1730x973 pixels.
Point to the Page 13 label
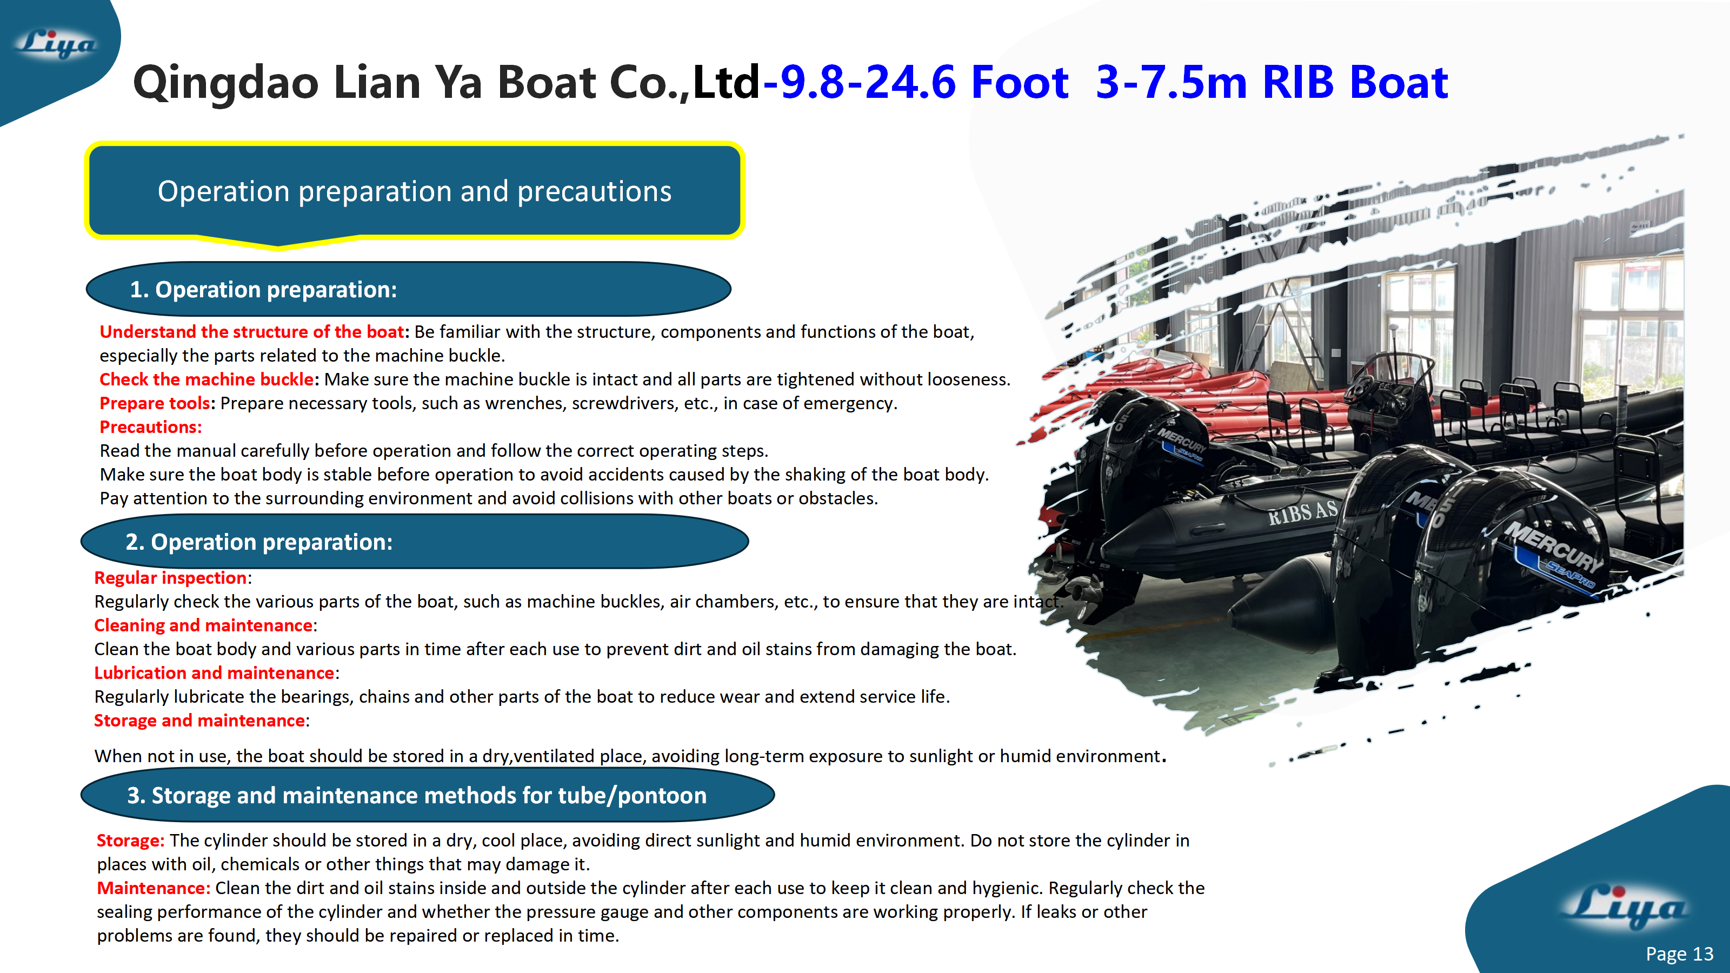[1679, 954]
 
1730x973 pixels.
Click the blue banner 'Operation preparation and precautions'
[414, 191]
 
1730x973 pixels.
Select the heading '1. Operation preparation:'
[263, 289]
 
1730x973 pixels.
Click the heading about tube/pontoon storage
[416, 795]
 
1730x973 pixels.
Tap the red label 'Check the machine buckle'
[206, 379]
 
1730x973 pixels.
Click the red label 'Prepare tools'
[155, 403]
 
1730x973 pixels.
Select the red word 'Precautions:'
[150, 427]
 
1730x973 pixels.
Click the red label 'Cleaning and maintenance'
[203, 625]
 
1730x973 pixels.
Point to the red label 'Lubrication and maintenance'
[214, 673]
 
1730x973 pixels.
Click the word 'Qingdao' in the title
[225, 83]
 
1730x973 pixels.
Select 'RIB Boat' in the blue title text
[1355, 83]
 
